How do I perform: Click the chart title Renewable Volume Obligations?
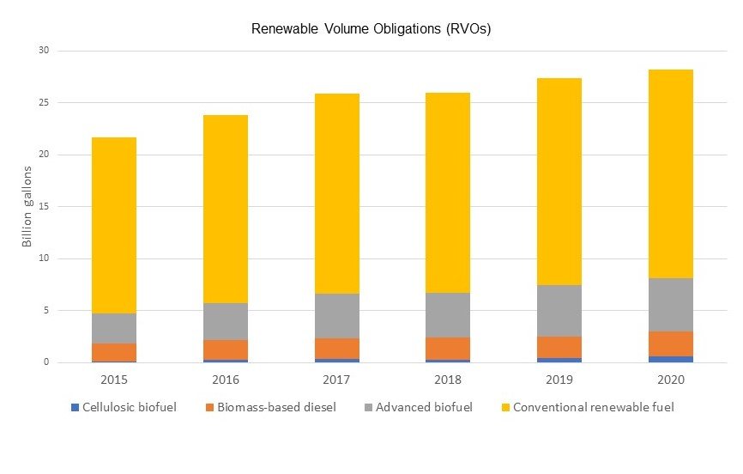point(371,29)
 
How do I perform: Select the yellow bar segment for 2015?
point(114,225)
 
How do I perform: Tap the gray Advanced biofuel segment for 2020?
point(670,305)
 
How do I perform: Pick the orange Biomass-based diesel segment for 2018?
point(447,348)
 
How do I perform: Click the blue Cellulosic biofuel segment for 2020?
point(670,359)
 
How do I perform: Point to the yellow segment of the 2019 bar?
point(559,181)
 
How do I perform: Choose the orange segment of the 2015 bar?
point(114,352)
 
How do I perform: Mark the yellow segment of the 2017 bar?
point(336,193)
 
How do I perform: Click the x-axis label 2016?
point(225,379)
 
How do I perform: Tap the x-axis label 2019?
point(559,379)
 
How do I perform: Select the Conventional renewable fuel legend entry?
point(587,407)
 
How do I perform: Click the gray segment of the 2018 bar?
point(447,315)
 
